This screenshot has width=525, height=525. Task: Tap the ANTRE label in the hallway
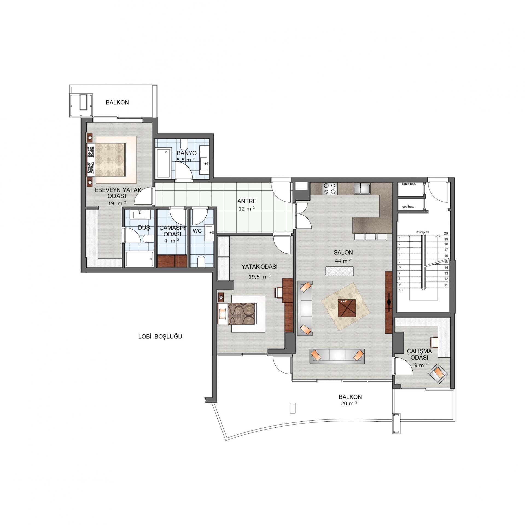click(247, 201)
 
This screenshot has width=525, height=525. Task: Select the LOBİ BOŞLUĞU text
click(160, 337)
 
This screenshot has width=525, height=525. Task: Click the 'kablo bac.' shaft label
click(409, 184)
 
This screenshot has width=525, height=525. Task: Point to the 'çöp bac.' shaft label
click(408, 207)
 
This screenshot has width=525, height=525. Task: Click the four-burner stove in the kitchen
click(330, 188)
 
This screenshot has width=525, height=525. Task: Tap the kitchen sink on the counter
click(362, 188)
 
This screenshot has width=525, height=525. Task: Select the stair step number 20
click(446, 233)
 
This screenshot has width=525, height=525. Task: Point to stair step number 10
click(401, 290)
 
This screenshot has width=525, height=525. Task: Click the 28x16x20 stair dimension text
click(422, 232)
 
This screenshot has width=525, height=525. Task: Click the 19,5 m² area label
click(260, 276)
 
